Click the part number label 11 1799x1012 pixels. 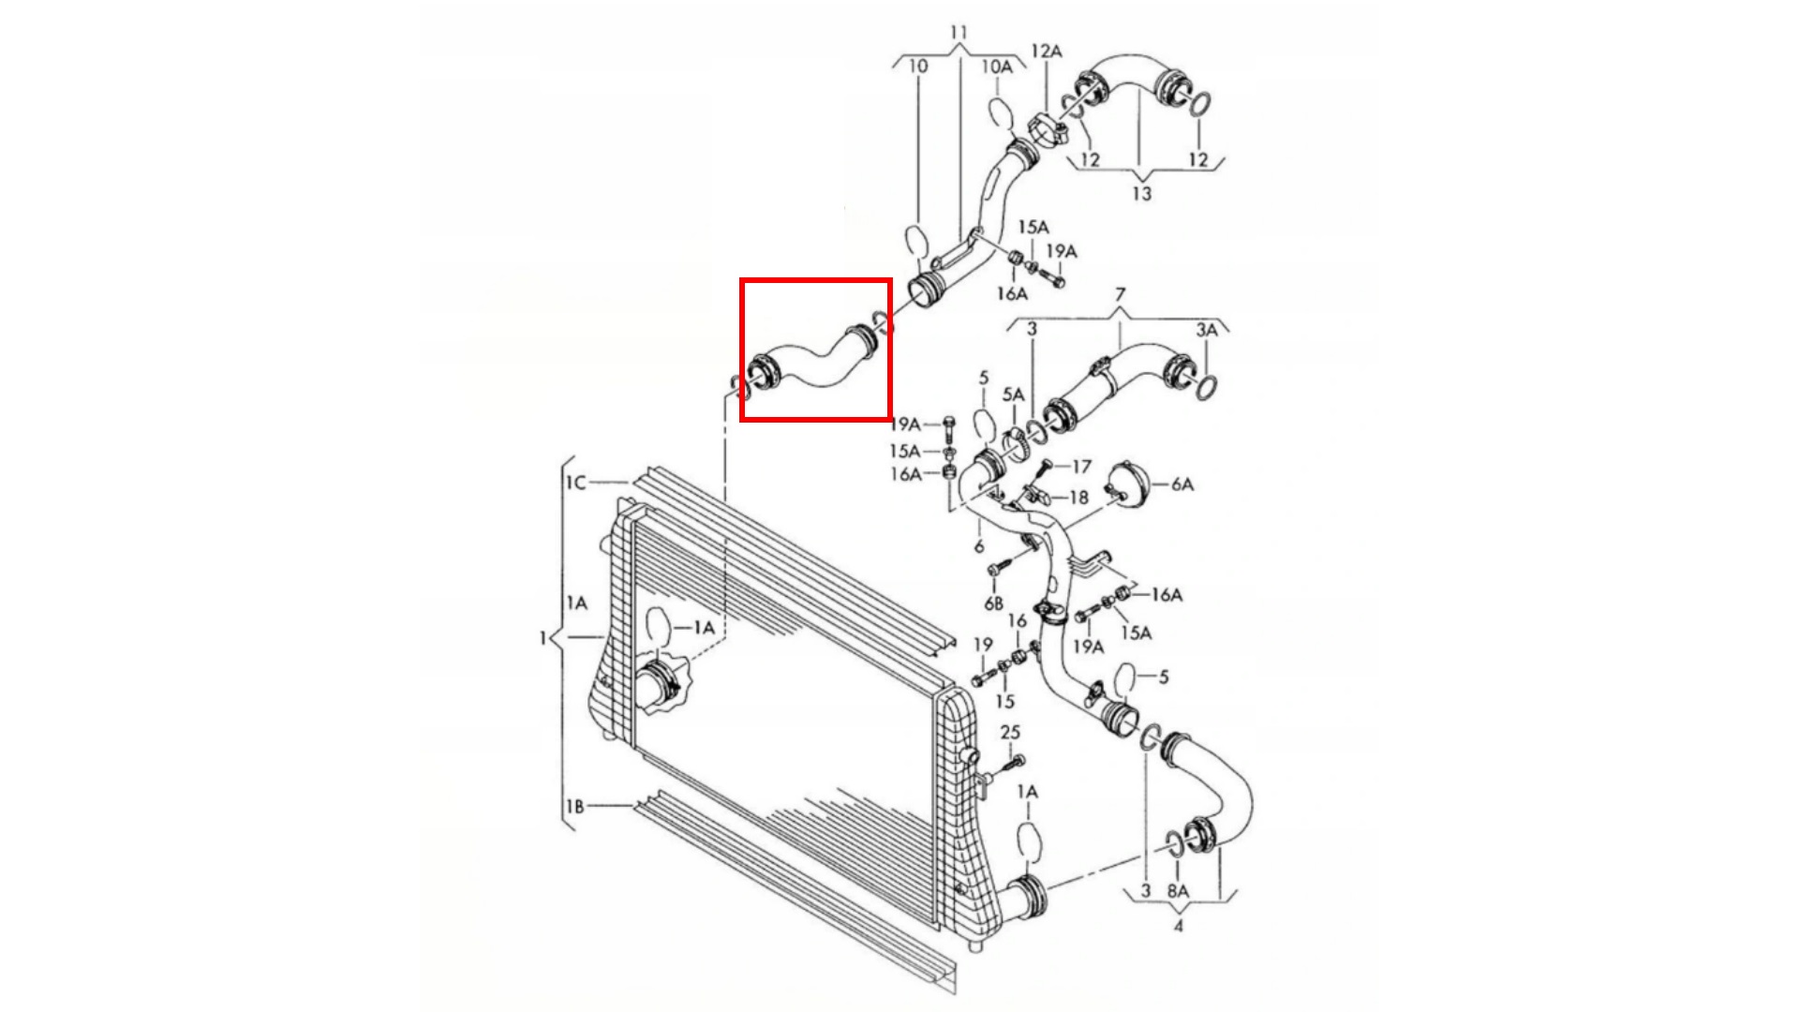pyautogui.click(x=958, y=33)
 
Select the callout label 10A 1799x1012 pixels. pyautogui.click(x=996, y=67)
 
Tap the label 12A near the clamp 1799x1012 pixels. pyautogui.click(x=1047, y=51)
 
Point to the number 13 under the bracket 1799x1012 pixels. pyautogui.click(x=1141, y=194)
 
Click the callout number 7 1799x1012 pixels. pyautogui.click(x=1121, y=295)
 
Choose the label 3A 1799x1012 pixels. pyautogui.click(x=1207, y=330)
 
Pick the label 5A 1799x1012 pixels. pyautogui.click(x=1013, y=395)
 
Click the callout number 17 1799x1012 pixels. pyautogui.click(x=1081, y=466)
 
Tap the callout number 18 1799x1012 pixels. pyautogui.click(x=1078, y=498)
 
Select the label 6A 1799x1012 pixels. pyautogui.click(x=1182, y=484)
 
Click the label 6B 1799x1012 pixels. pyautogui.click(x=993, y=603)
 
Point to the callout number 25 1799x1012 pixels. pyautogui.click(x=1010, y=732)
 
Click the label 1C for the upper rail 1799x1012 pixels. pyautogui.click(x=575, y=483)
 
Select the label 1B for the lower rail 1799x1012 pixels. pyautogui.click(x=575, y=806)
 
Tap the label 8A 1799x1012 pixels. pyautogui.click(x=1178, y=891)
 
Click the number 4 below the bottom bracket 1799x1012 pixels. pyautogui.click(x=1178, y=926)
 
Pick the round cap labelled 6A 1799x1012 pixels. pyautogui.click(x=1128, y=484)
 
